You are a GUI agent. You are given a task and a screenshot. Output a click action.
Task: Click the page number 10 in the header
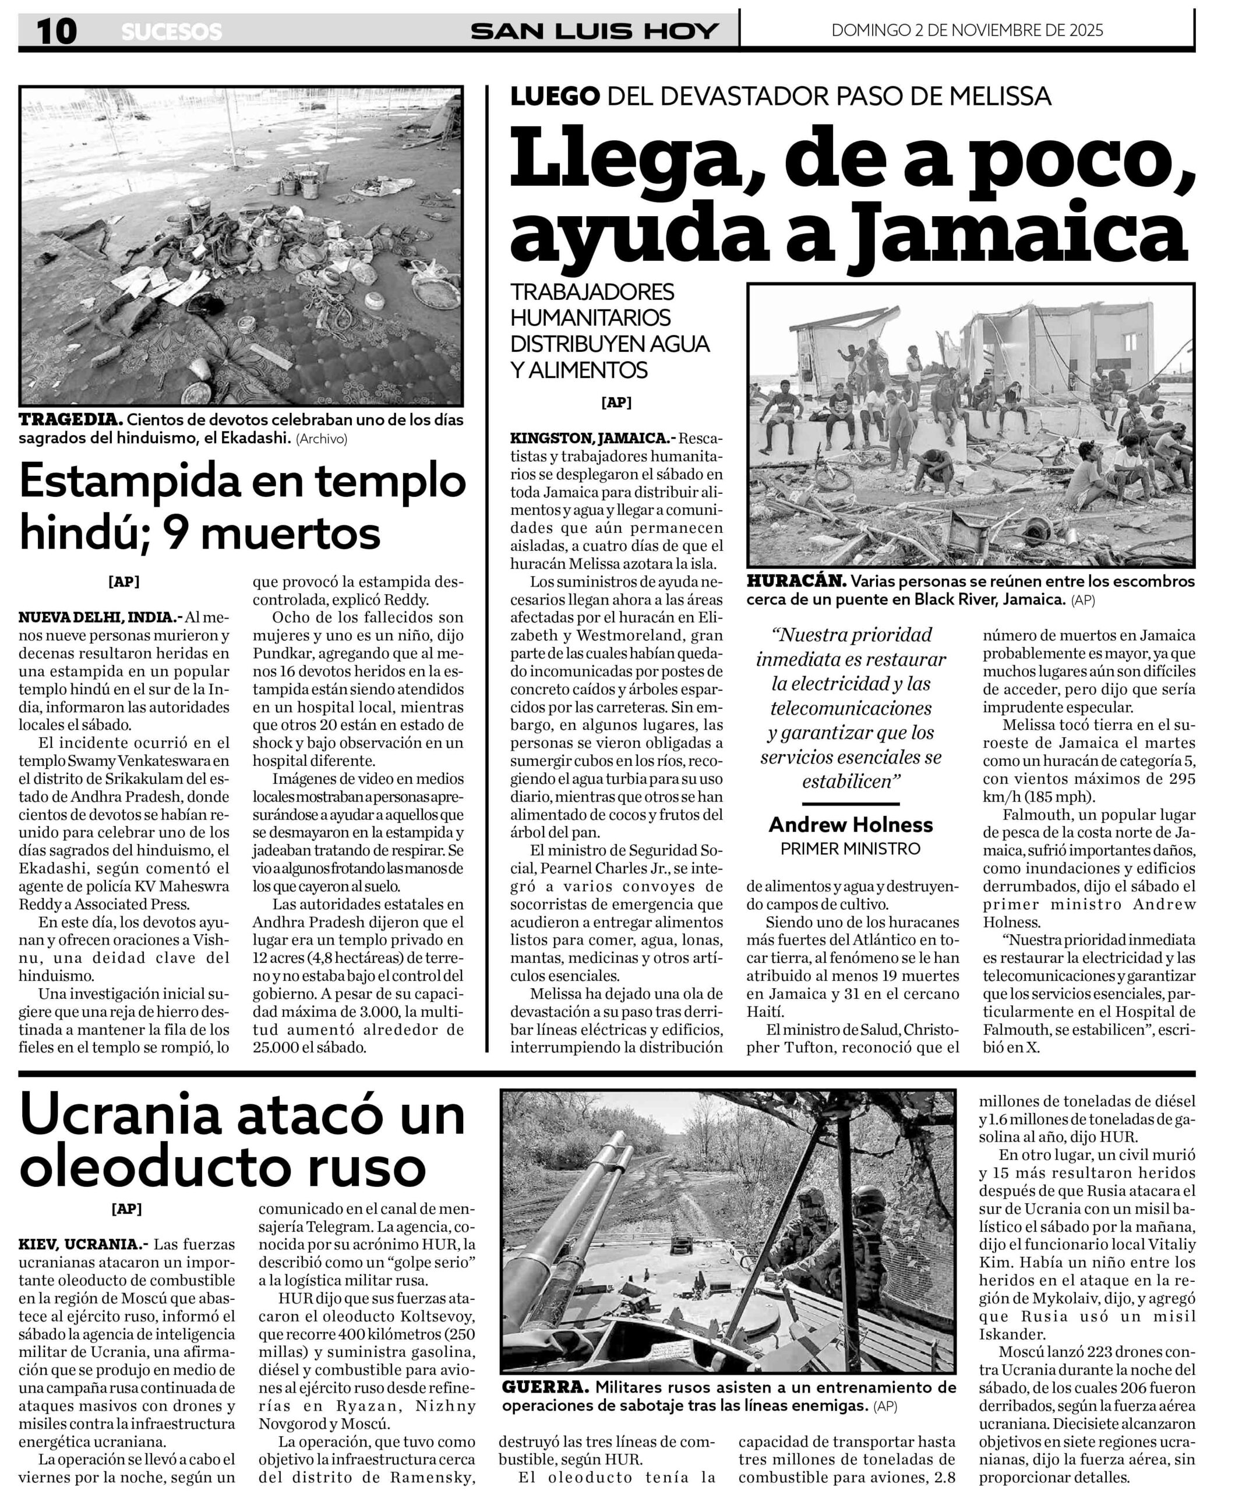pyautogui.click(x=57, y=32)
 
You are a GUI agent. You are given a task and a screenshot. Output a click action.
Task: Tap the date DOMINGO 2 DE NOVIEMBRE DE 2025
pyautogui.click(x=967, y=30)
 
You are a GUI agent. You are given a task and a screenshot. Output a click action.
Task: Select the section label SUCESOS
pyautogui.click(x=171, y=33)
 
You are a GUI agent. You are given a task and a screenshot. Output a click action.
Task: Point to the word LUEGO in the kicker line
pyautogui.click(x=555, y=97)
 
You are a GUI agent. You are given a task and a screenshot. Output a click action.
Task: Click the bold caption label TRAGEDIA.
pyautogui.click(x=70, y=419)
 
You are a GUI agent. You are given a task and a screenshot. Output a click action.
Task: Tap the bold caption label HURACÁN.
pyautogui.click(x=795, y=581)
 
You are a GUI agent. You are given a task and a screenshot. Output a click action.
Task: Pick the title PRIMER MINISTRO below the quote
pyautogui.click(x=850, y=849)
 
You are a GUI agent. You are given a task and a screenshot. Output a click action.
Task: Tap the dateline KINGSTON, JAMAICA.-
pyautogui.click(x=593, y=437)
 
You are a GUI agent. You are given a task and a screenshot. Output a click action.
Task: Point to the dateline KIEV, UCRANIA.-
pyautogui.click(x=83, y=1245)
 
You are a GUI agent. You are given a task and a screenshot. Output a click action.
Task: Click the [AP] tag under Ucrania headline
pyautogui.click(x=126, y=1209)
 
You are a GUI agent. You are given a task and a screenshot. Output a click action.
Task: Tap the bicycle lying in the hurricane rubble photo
pyautogui.click(x=841, y=473)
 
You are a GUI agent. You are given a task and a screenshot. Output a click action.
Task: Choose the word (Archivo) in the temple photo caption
pyautogui.click(x=322, y=439)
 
